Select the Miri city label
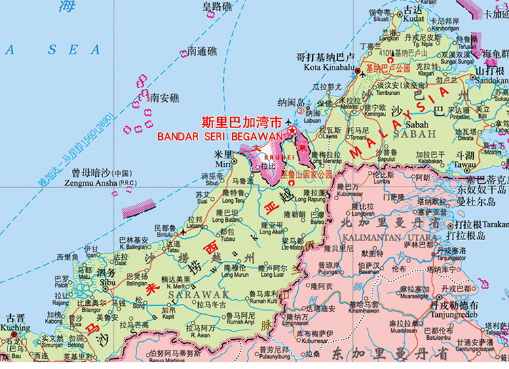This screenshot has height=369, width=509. click(x=222, y=163)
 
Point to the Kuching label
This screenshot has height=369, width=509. click(x=14, y=328)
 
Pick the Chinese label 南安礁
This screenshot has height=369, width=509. click(x=165, y=98)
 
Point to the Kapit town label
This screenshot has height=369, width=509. click(x=168, y=317)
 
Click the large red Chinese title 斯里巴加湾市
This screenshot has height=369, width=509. click(x=242, y=123)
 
